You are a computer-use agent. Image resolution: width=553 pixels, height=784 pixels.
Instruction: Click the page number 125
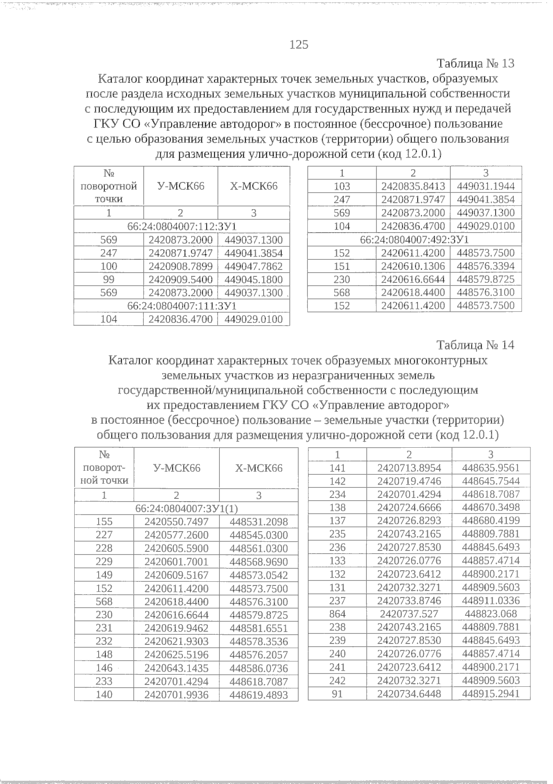tap(299, 45)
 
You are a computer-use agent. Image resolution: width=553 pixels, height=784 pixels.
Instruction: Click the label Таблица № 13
tap(476, 64)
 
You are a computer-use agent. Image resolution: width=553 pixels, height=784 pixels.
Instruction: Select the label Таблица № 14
tap(476, 345)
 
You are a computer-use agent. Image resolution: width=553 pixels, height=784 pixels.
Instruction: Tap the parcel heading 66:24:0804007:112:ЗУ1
tap(182, 226)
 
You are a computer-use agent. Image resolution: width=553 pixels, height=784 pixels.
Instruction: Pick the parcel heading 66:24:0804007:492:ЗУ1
tap(414, 240)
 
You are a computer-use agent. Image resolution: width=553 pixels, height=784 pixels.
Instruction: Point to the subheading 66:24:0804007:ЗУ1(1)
tap(186, 508)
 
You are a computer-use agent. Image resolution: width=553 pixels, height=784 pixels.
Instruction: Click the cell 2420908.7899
tap(181, 266)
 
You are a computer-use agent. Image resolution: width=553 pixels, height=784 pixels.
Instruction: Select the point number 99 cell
tap(109, 280)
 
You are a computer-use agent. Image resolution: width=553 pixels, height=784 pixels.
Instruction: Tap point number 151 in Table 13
tap(341, 266)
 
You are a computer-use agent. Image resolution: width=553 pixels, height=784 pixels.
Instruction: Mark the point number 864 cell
tap(337, 614)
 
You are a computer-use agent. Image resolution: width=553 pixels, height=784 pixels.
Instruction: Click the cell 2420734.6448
tap(409, 694)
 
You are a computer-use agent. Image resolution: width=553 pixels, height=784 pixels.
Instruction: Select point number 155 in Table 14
tap(104, 521)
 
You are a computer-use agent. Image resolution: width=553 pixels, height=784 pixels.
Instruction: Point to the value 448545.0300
tap(259, 535)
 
